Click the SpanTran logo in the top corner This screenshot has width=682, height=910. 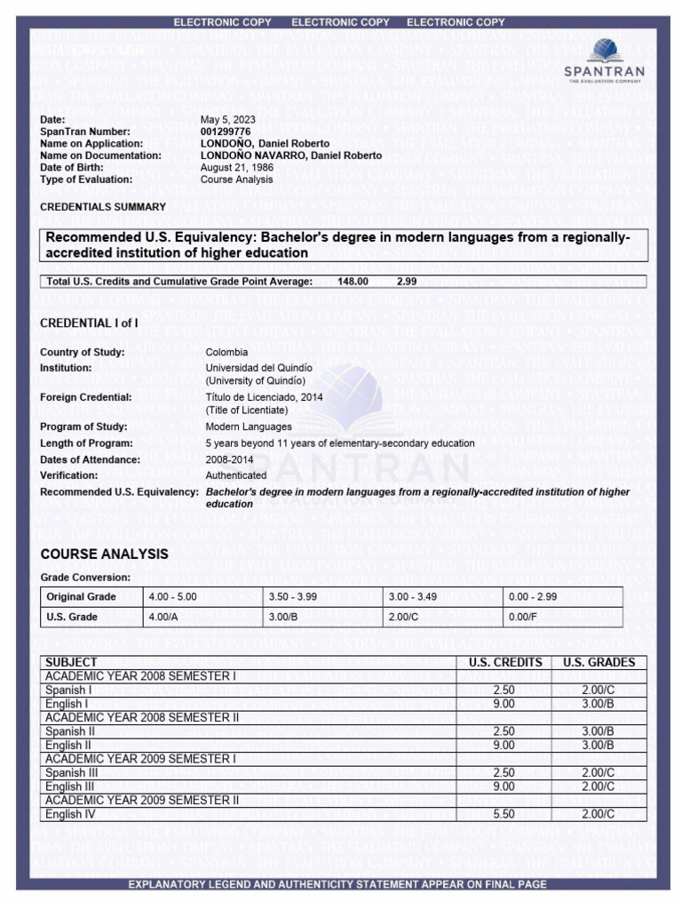point(605,60)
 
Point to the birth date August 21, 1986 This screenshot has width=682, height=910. point(236,167)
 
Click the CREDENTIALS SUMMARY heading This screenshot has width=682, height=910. point(103,206)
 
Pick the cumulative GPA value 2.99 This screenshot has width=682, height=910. point(407,282)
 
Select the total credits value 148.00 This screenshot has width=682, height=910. point(353,282)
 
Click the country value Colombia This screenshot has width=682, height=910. point(226,352)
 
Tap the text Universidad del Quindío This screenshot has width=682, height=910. point(259,367)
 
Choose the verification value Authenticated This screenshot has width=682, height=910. point(235,475)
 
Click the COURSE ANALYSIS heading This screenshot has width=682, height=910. point(104,555)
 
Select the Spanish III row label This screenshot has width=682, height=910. point(68,773)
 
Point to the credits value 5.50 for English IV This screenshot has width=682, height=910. point(504,814)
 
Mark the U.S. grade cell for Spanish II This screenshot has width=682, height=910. point(598,731)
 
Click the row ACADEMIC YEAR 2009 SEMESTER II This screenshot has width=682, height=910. point(142,800)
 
